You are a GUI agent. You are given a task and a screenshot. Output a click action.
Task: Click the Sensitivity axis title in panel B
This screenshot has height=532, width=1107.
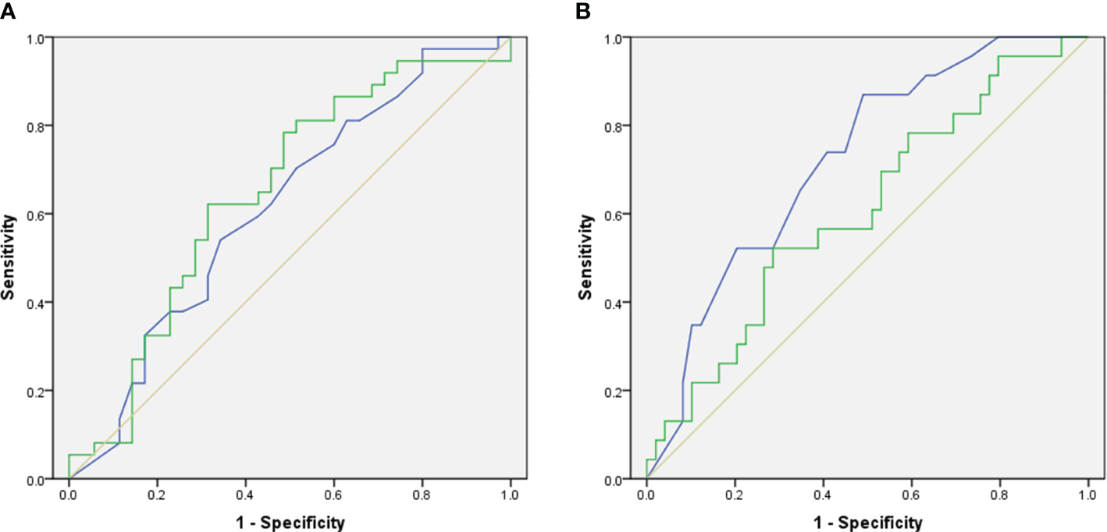(586, 258)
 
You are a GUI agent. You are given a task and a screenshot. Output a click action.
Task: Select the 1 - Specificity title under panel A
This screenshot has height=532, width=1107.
(290, 522)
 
